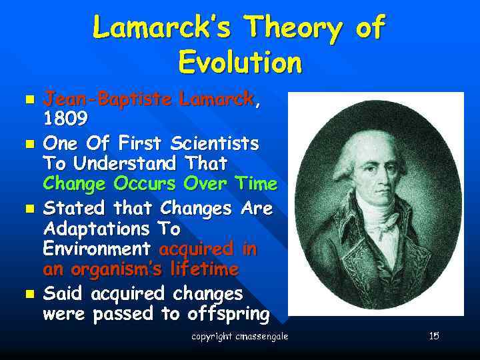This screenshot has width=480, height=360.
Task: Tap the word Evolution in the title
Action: pyautogui.click(x=240, y=63)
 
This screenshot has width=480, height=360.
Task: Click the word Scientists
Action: pyautogui.click(x=215, y=144)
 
